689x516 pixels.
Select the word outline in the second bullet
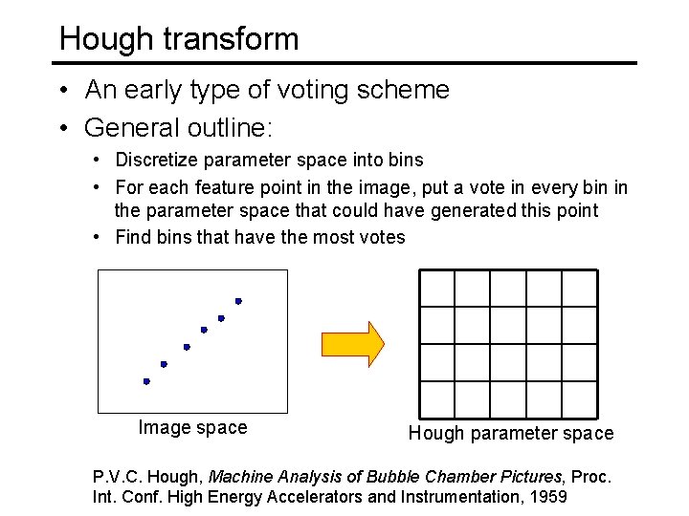(210, 127)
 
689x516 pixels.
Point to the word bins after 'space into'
(404, 160)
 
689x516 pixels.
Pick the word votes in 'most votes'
(382, 237)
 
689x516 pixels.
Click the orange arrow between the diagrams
(352, 343)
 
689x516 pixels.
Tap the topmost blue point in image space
(238, 301)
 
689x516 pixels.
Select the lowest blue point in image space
(146, 381)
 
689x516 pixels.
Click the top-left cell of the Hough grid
(437, 289)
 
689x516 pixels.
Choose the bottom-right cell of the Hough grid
(579, 398)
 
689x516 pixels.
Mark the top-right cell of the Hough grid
(579, 289)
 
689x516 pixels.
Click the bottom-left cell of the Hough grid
(437, 398)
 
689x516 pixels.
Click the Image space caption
(192, 428)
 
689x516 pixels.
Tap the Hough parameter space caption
(511, 434)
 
